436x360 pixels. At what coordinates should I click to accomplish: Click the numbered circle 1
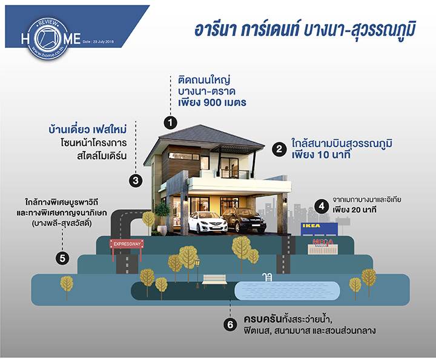click(x=170, y=122)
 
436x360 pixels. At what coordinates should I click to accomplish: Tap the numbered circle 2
click(x=279, y=150)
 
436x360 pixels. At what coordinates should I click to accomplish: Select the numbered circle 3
click(x=136, y=181)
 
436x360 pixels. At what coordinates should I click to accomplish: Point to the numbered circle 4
click(x=322, y=207)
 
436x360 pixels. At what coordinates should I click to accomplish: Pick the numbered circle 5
click(x=62, y=258)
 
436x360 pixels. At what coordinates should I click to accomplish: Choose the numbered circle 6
click(x=230, y=325)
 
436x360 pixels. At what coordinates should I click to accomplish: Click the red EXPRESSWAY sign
click(x=127, y=244)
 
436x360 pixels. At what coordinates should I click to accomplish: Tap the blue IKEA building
click(x=320, y=229)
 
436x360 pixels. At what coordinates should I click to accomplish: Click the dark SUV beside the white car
click(x=245, y=221)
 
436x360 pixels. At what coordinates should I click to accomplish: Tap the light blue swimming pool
click(x=287, y=291)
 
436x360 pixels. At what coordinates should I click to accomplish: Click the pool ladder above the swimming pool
click(x=267, y=277)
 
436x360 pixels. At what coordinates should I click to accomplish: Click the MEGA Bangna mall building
click(x=323, y=247)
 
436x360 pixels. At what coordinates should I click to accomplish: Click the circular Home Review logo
click(x=48, y=38)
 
